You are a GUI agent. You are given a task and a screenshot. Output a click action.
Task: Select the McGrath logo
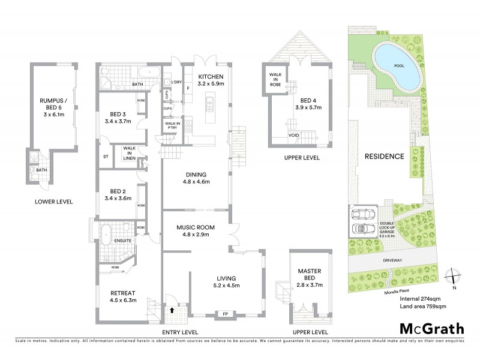click(431, 328)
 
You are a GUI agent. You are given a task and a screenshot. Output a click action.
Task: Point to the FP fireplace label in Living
click(225, 314)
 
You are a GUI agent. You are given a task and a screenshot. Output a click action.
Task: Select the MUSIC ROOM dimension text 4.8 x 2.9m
click(195, 236)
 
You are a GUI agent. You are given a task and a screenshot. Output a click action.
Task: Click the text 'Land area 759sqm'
click(423, 307)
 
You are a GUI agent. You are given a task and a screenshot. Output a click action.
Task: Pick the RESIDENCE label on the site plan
click(384, 157)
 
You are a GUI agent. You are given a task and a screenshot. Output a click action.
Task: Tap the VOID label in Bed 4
click(295, 136)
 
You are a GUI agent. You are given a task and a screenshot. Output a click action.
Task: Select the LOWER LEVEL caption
click(53, 202)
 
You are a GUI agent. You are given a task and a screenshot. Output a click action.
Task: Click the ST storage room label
click(106, 157)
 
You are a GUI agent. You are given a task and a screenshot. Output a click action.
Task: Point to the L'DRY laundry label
click(176, 82)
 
